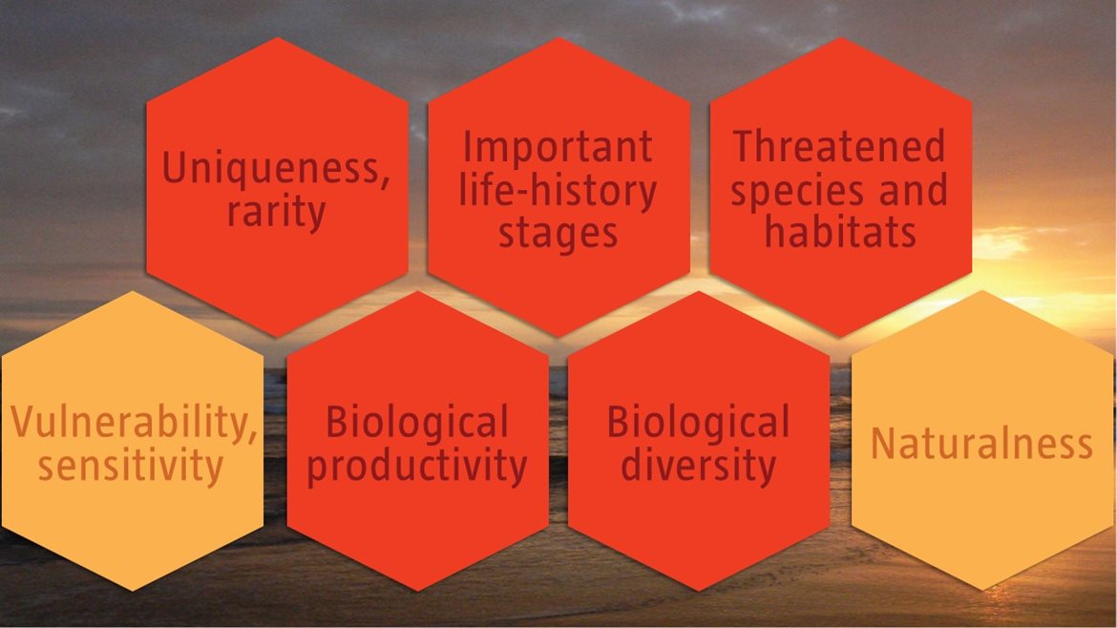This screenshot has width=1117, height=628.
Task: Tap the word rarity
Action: [x=277, y=212]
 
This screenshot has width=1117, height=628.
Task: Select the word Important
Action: [x=558, y=147]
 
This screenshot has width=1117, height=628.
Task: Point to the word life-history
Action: [x=558, y=190]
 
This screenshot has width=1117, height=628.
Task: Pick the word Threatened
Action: [x=839, y=146]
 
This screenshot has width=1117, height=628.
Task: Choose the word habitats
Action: [x=840, y=232]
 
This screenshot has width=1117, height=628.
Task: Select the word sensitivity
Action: [x=131, y=467]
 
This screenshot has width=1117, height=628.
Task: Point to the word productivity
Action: [x=417, y=467]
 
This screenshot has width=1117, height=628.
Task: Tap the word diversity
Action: [x=698, y=466]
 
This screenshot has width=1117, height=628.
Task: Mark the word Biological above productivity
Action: [x=417, y=422]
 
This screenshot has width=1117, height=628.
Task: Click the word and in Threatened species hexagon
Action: [x=914, y=190]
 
